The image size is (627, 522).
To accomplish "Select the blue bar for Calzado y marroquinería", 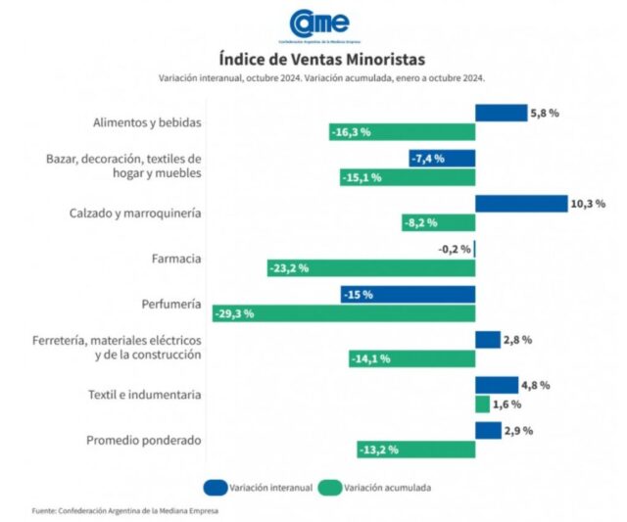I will [521, 204].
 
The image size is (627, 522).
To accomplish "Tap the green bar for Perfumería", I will [344, 313].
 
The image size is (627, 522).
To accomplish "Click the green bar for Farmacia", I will [370, 267].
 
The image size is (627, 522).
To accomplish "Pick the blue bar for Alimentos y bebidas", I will [501, 114].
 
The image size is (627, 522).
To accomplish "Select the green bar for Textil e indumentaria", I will [482, 403].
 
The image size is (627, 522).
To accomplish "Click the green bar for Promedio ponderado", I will [416, 449].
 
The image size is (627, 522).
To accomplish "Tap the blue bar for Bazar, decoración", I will [442, 159].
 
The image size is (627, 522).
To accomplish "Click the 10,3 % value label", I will [588, 204].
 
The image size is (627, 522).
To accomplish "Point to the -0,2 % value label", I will [454, 249].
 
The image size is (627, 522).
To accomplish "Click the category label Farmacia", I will [177, 259].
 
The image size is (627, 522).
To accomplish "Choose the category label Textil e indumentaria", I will [144, 395].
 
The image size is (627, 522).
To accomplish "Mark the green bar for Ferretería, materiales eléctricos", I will [411, 358].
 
